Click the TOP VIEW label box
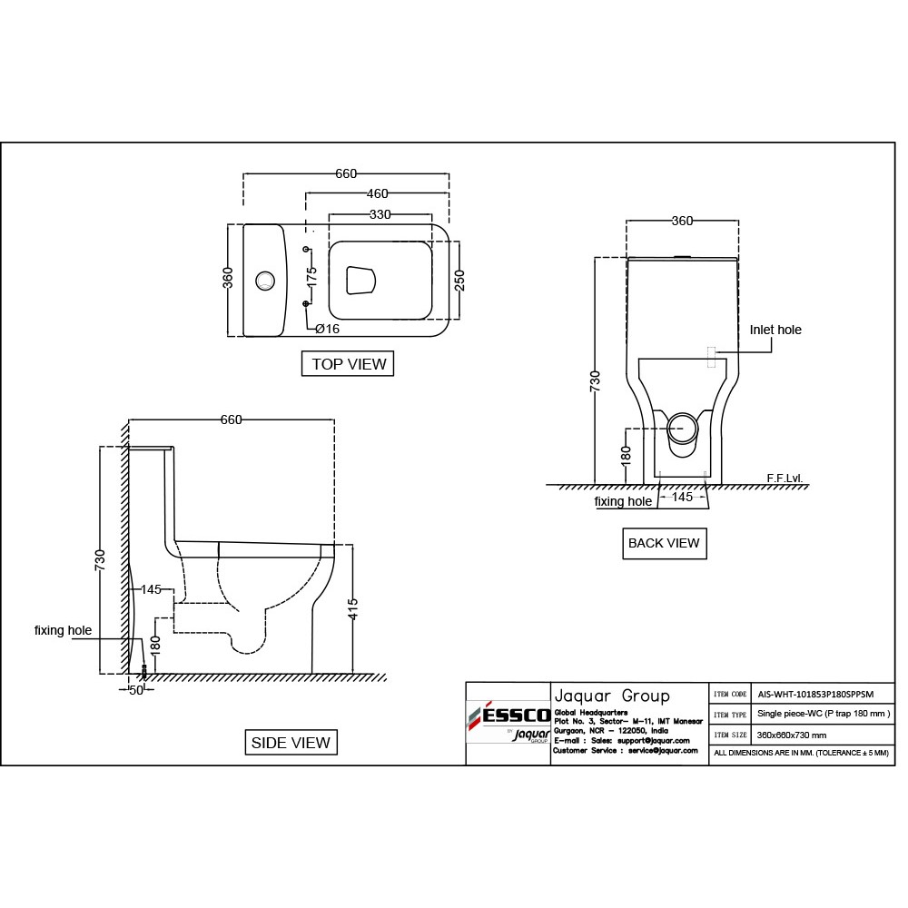[x=349, y=364]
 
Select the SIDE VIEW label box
[x=291, y=742]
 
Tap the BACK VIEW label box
[x=665, y=543]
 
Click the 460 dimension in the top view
[x=377, y=192]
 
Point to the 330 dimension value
[x=380, y=214]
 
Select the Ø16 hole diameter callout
[x=328, y=328]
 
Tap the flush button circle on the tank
[x=266, y=281]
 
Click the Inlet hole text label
[x=775, y=330]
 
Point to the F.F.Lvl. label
[x=785, y=478]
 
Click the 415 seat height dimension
[x=353, y=609]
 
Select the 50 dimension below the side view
[x=136, y=690]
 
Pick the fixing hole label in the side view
[x=63, y=630]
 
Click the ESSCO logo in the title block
[x=509, y=715]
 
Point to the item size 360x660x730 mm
[x=792, y=735]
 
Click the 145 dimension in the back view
[x=682, y=497]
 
